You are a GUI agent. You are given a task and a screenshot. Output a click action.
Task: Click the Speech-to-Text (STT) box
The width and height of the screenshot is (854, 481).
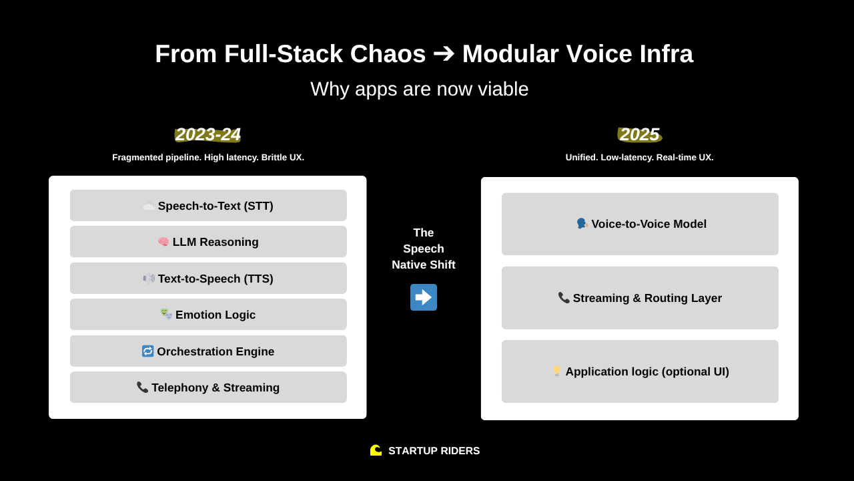208,206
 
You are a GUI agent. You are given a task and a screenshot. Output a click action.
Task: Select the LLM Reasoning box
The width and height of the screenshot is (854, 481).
208,242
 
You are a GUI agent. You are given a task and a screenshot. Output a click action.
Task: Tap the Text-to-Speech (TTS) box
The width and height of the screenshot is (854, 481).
208,279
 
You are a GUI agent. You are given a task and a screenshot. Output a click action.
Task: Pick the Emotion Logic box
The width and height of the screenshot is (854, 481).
208,315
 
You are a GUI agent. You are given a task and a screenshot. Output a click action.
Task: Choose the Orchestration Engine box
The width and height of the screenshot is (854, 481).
208,351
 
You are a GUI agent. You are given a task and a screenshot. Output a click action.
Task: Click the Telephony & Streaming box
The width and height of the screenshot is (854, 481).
208,387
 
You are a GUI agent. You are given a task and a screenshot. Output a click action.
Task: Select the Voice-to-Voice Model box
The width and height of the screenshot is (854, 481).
640,224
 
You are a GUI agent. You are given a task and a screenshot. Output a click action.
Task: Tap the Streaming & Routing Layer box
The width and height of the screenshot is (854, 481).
640,298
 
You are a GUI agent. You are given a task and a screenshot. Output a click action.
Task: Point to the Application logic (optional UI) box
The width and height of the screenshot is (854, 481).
640,371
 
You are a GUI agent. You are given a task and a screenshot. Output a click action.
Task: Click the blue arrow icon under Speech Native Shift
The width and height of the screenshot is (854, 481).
424,297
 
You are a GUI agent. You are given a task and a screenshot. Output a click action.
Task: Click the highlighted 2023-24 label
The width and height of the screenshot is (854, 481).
207,134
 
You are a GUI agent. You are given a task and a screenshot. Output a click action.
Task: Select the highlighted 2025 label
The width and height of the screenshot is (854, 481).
639,134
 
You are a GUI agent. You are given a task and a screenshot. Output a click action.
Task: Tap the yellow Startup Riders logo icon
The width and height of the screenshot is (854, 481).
376,450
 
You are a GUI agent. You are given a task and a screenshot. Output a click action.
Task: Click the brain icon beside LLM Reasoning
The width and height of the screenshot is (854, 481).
163,242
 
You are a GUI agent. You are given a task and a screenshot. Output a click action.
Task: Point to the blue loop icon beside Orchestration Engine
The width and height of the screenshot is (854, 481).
148,351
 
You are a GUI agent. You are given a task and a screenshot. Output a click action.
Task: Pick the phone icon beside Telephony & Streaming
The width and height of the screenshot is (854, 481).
142,387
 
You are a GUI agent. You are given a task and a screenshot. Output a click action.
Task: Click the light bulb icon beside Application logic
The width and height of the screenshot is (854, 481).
556,371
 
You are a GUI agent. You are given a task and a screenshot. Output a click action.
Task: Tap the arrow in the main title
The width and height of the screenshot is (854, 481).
444,53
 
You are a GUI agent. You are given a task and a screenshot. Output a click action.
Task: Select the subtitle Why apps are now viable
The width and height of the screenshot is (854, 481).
420,89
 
